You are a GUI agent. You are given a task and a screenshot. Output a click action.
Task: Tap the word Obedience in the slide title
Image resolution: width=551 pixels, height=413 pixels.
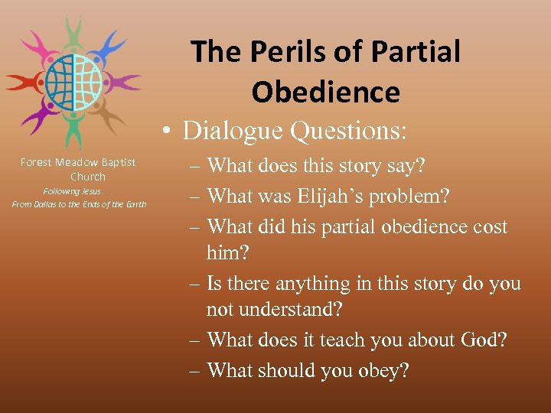point(325,92)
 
